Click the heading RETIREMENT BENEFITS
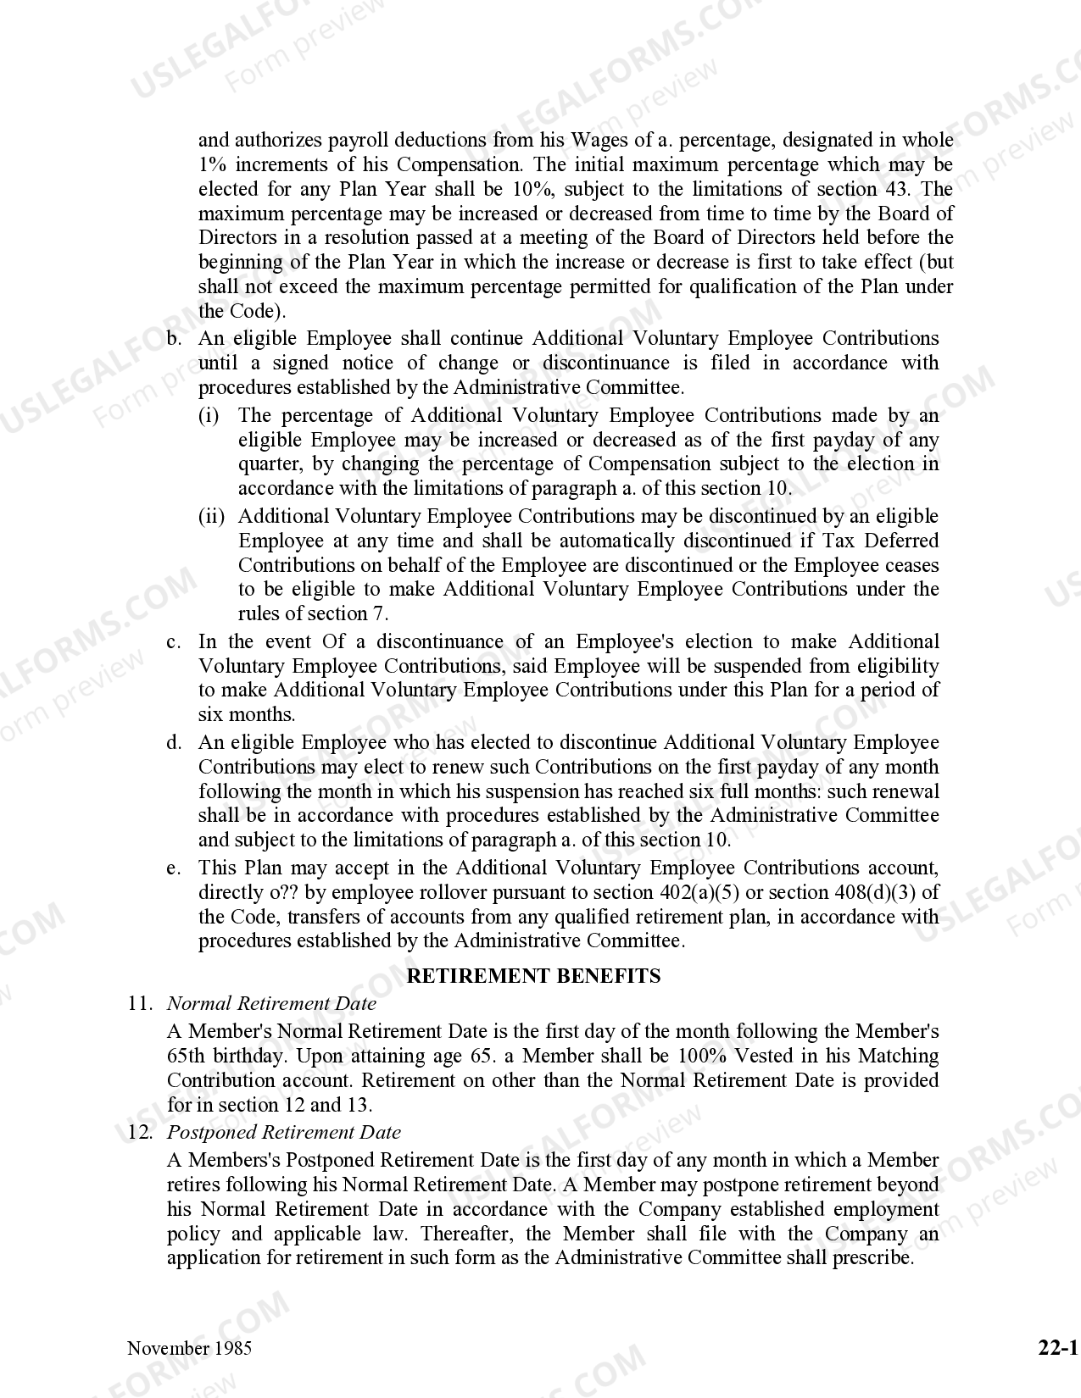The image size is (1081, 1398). pyautogui.click(x=533, y=976)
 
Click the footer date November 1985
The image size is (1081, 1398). pyautogui.click(x=189, y=1348)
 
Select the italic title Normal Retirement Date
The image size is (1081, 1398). pyautogui.click(x=271, y=1004)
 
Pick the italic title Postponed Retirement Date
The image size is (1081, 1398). pyautogui.click(x=284, y=1133)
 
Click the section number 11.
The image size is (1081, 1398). pyautogui.click(x=140, y=1004)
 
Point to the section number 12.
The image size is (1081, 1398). pyautogui.click(x=140, y=1133)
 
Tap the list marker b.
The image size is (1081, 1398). pyautogui.click(x=174, y=339)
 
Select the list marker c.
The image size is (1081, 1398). pyautogui.click(x=174, y=642)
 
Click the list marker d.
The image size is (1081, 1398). pyautogui.click(x=174, y=743)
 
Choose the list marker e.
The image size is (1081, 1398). pyautogui.click(x=174, y=868)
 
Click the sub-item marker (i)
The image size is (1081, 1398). pyautogui.click(x=209, y=416)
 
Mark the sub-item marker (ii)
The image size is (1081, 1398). pyautogui.click(x=211, y=517)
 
